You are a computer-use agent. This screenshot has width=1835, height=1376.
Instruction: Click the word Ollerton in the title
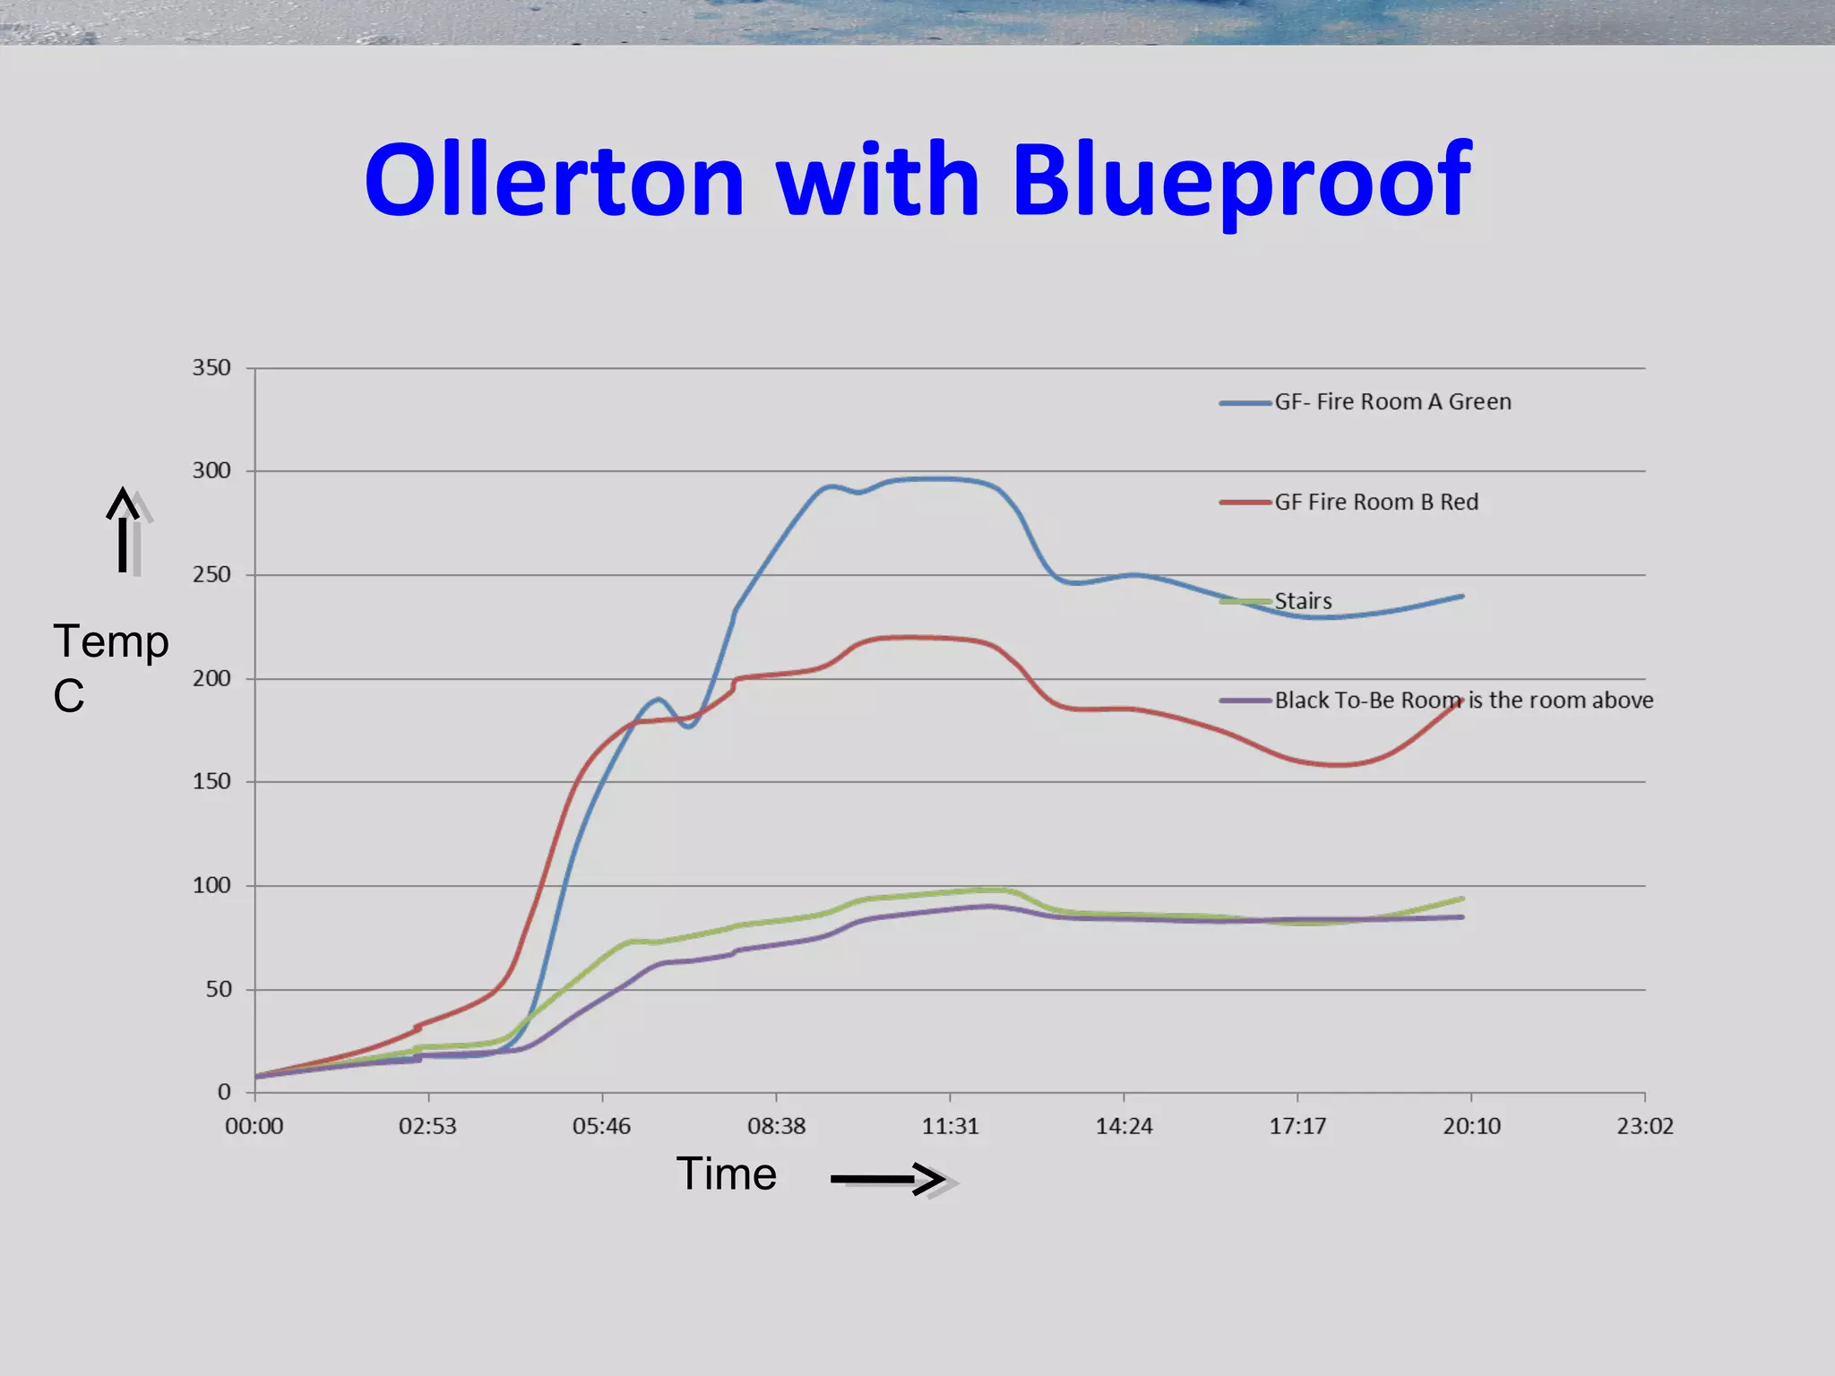point(554,180)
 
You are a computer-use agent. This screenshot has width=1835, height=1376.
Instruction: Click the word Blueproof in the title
point(1242,182)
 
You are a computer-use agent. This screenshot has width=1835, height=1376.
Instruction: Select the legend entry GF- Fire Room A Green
point(1391,402)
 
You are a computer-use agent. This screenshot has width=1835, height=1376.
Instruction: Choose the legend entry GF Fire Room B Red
point(1375,503)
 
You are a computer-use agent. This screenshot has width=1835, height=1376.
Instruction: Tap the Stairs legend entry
point(1302,601)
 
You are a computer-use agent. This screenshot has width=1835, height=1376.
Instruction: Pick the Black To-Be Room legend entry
point(1462,701)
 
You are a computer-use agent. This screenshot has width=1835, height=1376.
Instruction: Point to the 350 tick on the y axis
point(211,367)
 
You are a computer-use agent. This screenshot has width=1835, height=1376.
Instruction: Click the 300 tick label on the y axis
point(211,470)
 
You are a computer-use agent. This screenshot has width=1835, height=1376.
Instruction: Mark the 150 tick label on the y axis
point(211,781)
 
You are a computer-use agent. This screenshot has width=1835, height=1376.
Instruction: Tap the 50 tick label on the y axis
point(218,989)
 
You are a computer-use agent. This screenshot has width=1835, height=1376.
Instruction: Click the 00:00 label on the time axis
point(254,1126)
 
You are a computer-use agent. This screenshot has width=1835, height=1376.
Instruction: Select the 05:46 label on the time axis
point(601,1126)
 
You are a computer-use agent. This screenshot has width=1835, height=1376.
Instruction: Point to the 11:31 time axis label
point(950,1126)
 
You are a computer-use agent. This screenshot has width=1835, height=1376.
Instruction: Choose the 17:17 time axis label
point(1297,1126)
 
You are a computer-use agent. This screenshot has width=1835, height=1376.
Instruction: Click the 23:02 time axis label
point(1645,1126)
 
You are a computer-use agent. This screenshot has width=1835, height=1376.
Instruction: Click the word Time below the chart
point(726,1174)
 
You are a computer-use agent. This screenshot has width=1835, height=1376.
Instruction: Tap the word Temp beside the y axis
point(111,641)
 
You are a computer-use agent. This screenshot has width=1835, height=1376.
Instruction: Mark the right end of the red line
point(1461,701)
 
